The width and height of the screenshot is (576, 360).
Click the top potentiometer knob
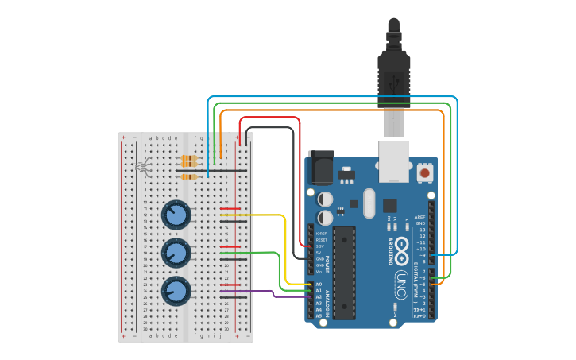click(x=176, y=215)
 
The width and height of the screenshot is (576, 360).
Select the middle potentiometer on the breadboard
click(x=176, y=253)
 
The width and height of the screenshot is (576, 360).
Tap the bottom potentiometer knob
click(x=176, y=290)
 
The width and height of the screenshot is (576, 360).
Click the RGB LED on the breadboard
click(x=144, y=167)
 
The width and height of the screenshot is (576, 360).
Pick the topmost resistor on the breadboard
click(x=189, y=158)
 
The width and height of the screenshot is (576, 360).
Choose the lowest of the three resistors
click(x=189, y=176)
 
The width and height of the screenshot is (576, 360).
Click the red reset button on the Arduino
click(x=425, y=172)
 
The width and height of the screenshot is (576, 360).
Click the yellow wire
click(x=284, y=246)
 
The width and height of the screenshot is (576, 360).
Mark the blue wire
click(x=334, y=97)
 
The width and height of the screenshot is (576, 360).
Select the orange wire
click(x=334, y=110)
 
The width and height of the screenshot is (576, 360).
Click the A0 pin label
click(x=319, y=284)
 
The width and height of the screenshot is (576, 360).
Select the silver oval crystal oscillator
click(x=369, y=203)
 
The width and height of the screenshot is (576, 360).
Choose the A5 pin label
click(x=319, y=315)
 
